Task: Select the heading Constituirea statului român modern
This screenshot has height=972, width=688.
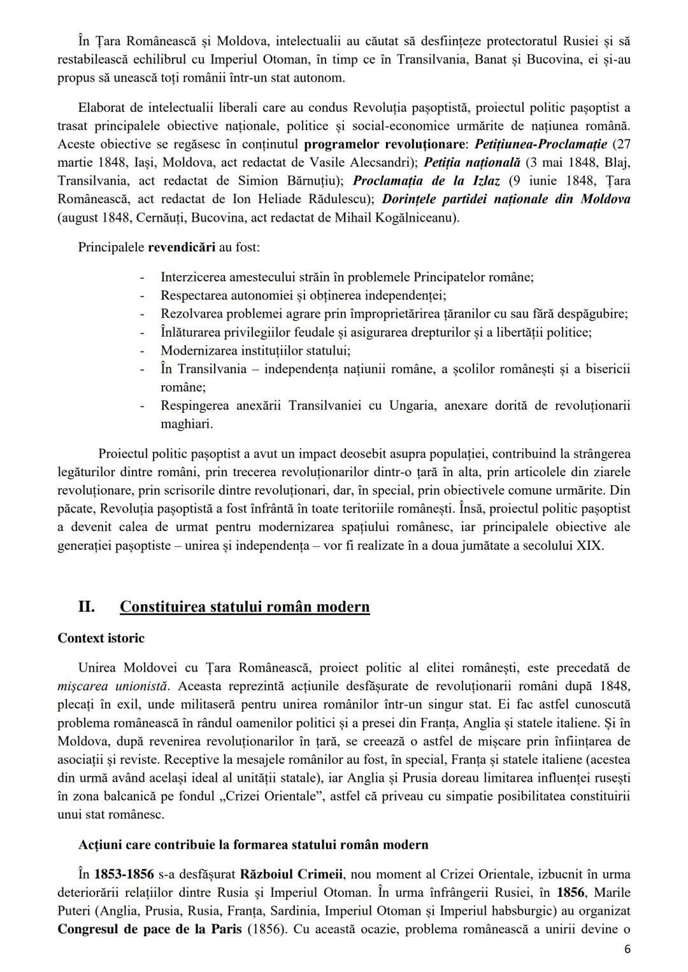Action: (x=245, y=606)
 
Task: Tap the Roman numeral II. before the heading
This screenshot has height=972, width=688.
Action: (x=87, y=606)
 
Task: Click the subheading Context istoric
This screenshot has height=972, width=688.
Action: (x=101, y=638)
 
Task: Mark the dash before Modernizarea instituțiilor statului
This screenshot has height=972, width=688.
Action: (x=142, y=351)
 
